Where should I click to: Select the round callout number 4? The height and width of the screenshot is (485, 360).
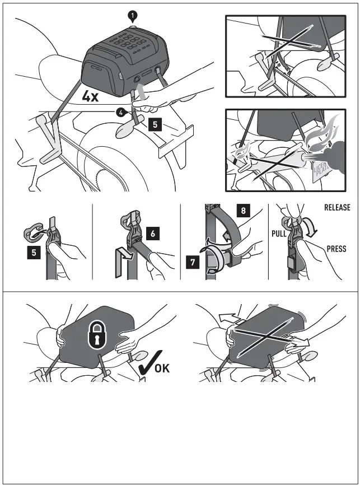119,112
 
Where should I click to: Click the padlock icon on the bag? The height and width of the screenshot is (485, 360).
93,334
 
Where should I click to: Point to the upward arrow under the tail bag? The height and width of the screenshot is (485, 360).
141,89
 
